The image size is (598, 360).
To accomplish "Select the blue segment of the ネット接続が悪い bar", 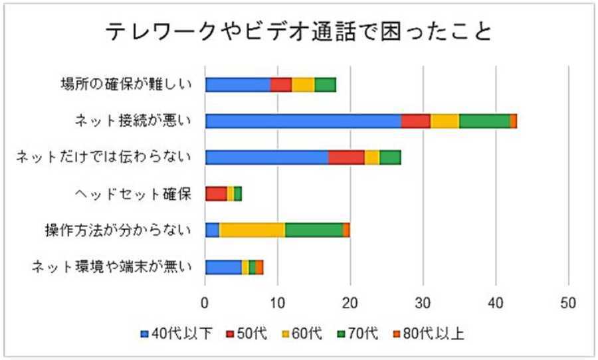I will coord(303,120).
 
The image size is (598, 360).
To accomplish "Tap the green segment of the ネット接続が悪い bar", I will coord(484,120).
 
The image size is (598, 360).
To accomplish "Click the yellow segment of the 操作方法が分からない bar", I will coord(252,230).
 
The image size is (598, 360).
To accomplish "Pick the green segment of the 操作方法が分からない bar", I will coord(314,230).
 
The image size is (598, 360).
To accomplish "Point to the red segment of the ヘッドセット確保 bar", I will coord(216,193).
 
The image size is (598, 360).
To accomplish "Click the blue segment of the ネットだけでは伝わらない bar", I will coord(266,157).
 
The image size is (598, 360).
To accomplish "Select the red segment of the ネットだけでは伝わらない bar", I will coord(346,157).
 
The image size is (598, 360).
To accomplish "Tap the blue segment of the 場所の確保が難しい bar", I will coord(237,84).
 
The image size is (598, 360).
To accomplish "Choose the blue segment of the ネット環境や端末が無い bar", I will coord(223,266).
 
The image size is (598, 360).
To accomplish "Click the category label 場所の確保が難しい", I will coord(124,84).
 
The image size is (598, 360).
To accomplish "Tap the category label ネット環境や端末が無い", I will coord(112,267).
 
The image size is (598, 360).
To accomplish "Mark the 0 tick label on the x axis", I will coord(205,300).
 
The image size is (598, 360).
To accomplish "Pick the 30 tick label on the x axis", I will coord(423,300).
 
